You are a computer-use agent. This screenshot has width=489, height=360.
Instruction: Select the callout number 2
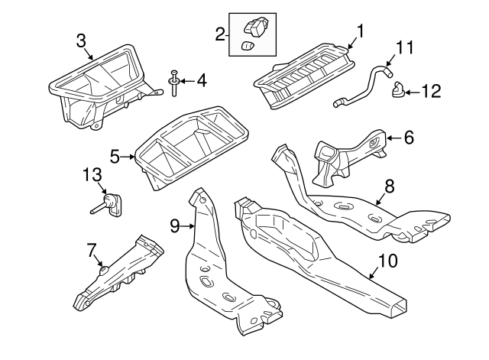(x=220, y=34)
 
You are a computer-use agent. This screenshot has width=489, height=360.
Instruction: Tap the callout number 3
(x=82, y=41)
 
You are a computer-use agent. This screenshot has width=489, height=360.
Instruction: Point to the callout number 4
(x=202, y=79)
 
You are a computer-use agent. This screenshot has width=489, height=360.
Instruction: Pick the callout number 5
(x=115, y=157)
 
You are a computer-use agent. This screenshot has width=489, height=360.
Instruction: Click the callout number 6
(x=408, y=138)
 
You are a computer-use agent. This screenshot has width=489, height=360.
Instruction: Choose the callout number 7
(x=92, y=249)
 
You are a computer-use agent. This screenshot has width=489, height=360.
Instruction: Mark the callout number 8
(x=389, y=184)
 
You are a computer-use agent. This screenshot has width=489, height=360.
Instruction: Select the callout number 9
(x=173, y=225)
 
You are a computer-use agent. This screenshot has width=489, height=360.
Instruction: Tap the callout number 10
(x=387, y=261)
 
